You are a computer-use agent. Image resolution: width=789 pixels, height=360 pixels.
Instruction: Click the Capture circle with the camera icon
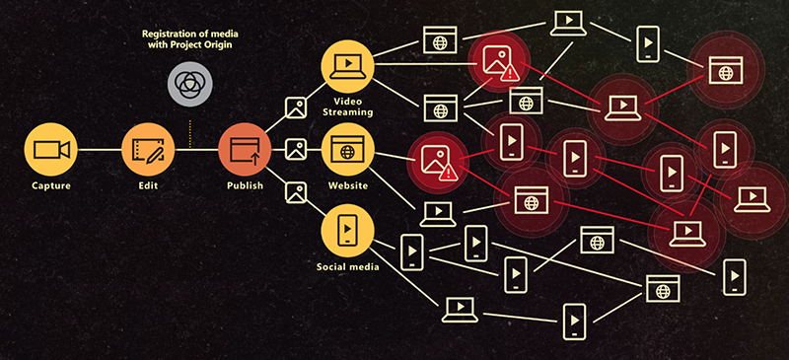click(x=50, y=150)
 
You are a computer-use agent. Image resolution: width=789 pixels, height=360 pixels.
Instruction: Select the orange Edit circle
click(x=148, y=150)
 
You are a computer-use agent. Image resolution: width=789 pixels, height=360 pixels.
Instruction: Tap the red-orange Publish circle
click(x=244, y=150)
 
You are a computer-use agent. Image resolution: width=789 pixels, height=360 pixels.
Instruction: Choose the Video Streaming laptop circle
click(x=347, y=67)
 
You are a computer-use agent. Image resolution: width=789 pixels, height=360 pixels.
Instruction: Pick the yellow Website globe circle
click(x=347, y=150)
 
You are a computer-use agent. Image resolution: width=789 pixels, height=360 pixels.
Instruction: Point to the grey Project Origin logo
click(x=188, y=85)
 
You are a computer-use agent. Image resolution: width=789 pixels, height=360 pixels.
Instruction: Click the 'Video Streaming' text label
click(x=347, y=106)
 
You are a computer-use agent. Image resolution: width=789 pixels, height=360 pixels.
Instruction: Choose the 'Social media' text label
click(x=347, y=267)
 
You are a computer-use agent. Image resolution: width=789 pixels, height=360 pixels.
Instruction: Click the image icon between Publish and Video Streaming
click(x=295, y=107)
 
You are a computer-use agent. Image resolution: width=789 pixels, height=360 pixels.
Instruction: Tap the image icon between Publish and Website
click(x=295, y=150)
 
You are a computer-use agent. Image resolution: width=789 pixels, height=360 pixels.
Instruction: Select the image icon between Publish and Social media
click(x=295, y=192)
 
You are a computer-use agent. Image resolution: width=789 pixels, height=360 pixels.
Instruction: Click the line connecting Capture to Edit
click(x=99, y=150)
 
